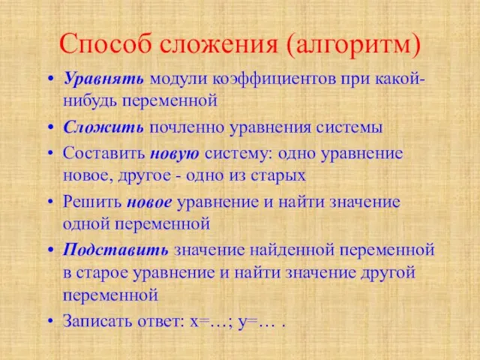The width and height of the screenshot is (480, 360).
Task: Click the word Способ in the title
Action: pyautogui.click(x=106, y=45)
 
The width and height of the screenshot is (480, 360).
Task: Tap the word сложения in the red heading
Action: pyautogui.click(x=219, y=45)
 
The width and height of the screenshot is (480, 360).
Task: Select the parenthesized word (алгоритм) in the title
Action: pyautogui.click(x=353, y=45)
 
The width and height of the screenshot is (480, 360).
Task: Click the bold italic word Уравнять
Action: pyautogui.click(x=103, y=79)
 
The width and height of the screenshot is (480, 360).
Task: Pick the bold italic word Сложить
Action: pyautogui.click(x=103, y=127)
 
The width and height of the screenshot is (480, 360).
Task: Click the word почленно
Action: pyautogui.click(x=187, y=127)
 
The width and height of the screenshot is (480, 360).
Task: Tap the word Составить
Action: pyautogui.click(x=103, y=153)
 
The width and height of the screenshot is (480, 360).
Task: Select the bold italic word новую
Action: pyautogui.click(x=175, y=154)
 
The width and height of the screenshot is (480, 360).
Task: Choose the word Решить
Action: pyautogui.click(x=92, y=202)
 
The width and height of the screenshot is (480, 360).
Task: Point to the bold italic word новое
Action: pyautogui.click(x=149, y=202)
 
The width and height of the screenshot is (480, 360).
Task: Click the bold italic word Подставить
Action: pyautogui.click(x=115, y=250)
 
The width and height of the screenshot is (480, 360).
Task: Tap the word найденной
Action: pyautogui.click(x=292, y=250)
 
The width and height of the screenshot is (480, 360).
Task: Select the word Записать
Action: pyautogui.click(x=97, y=320)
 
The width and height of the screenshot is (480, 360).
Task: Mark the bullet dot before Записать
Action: pyautogui.click(x=51, y=321)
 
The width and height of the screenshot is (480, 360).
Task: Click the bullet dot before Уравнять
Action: pyautogui.click(x=51, y=79)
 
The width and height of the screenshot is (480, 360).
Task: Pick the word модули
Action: pyautogui.click(x=178, y=80)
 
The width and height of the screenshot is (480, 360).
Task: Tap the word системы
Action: pyautogui.click(x=349, y=127)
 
